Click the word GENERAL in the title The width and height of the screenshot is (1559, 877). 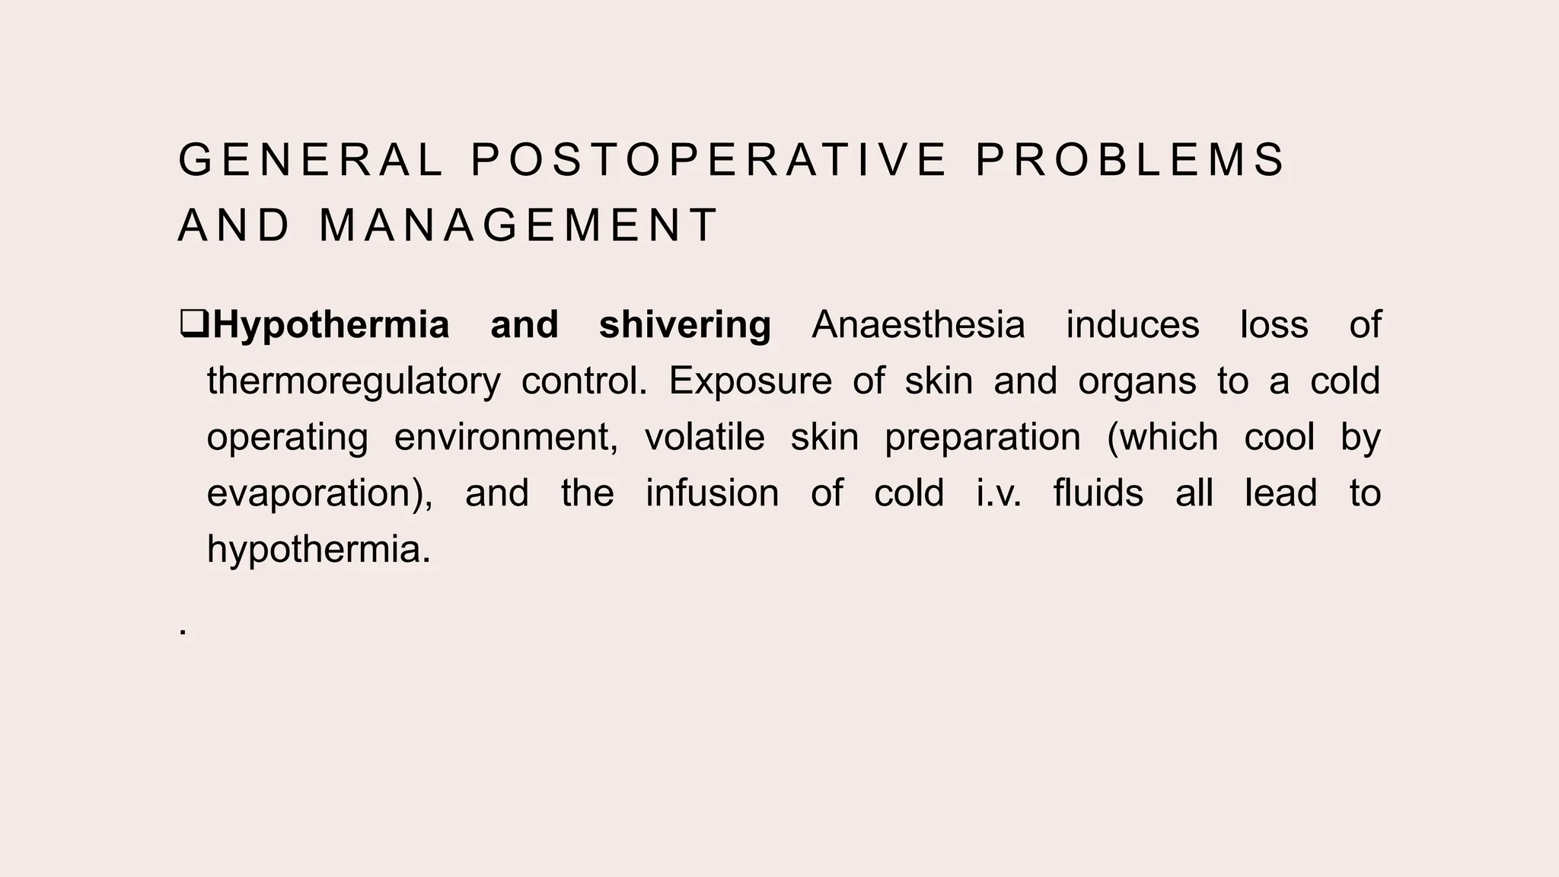pos(311,161)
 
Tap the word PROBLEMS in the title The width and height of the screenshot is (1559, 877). pos(1130,161)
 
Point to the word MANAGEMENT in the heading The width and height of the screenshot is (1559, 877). pos(518,226)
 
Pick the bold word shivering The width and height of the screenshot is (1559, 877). pos(685,325)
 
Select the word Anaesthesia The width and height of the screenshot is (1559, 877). pos(918,325)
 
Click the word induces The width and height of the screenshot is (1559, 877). pos(1132,325)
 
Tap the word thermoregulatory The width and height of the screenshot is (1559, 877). pos(354,381)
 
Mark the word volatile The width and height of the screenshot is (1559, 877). pos(704,437)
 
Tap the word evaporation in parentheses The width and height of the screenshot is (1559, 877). pos(313,494)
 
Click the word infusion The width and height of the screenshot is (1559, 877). pos(712,493)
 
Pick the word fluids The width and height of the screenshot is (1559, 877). pos(1098,493)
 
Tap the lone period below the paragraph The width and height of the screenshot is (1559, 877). pos(183,633)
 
